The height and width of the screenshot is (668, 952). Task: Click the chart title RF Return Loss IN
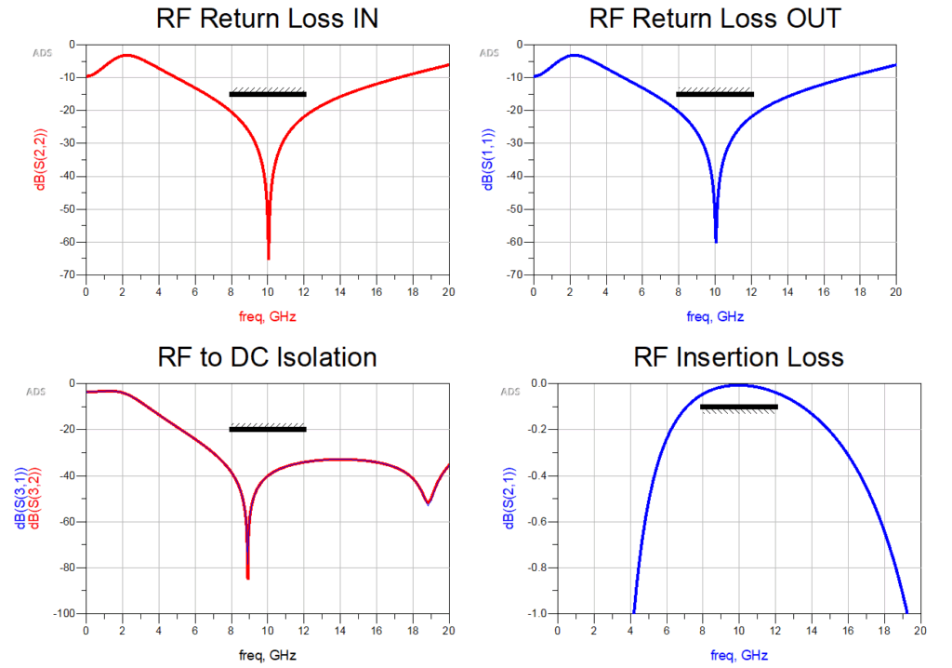click(268, 19)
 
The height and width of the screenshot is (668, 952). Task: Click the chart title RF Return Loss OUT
click(715, 19)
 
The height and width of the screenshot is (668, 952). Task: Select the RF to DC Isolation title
click(268, 357)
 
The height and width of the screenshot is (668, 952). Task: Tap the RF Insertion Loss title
click(738, 357)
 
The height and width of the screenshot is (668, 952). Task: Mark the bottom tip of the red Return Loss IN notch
click(269, 259)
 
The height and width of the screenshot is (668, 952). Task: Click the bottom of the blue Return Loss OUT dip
click(716, 242)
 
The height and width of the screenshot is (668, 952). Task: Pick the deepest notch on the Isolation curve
click(248, 579)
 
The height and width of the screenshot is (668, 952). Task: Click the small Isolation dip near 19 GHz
click(428, 503)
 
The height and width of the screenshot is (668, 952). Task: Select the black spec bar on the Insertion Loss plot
click(738, 407)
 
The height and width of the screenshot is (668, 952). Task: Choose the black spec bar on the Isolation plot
click(268, 429)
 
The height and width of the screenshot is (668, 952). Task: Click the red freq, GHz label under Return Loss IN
click(268, 316)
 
